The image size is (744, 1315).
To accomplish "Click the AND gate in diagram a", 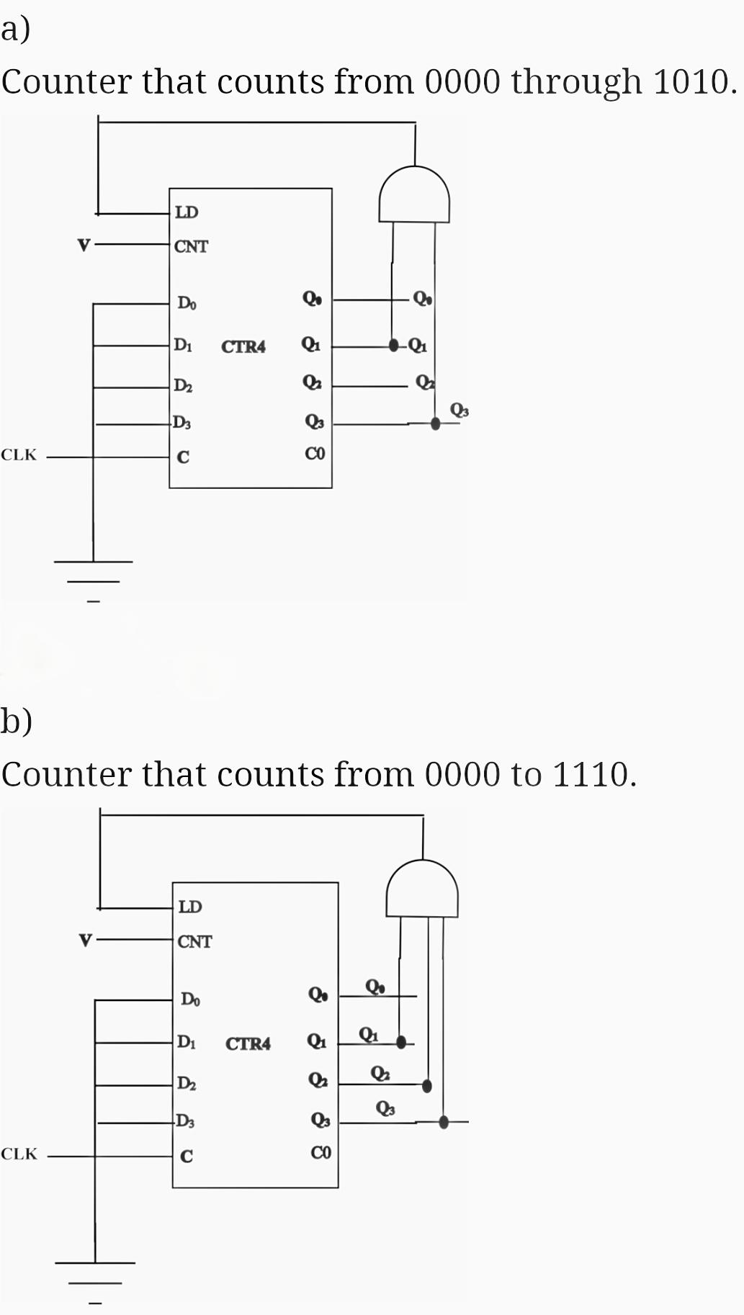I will [x=414, y=197].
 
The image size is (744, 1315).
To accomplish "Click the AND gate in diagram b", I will [x=422, y=891].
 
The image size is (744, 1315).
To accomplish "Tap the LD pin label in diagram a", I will [x=187, y=212].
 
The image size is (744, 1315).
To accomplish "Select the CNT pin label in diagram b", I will [x=194, y=942].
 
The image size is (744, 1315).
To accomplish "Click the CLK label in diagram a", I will [x=19, y=455].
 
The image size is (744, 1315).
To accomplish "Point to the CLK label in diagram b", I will [x=19, y=1154].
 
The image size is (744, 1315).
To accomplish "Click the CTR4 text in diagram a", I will [x=243, y=347].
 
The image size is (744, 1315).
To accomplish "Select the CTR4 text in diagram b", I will [x=248, y=1044].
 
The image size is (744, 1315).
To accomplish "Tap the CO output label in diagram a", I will [x=315, y=454].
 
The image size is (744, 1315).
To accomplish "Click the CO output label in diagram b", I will [x=321, y=1153].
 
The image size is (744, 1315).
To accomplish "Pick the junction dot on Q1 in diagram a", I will [x=393, y=345].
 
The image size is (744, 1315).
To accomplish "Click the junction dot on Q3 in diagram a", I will [x=435, y=423].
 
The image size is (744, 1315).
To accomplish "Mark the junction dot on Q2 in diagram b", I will [x=427, y=1085].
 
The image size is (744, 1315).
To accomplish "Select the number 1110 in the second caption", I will [x=591, y=775].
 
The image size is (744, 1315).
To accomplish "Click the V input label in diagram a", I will [x=84, y=246].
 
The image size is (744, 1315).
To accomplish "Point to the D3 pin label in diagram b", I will [x=185, y=1121].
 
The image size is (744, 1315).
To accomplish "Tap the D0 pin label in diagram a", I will [x=187, y=302].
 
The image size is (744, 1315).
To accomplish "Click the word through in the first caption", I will [x=576, y=82].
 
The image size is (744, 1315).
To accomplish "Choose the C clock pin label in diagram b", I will [x=187, y=1157].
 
